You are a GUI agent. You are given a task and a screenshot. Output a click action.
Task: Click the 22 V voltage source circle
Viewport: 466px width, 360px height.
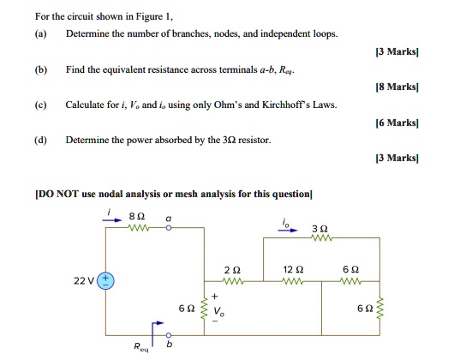106,280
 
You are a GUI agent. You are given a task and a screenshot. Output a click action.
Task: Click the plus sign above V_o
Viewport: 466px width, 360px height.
217,297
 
